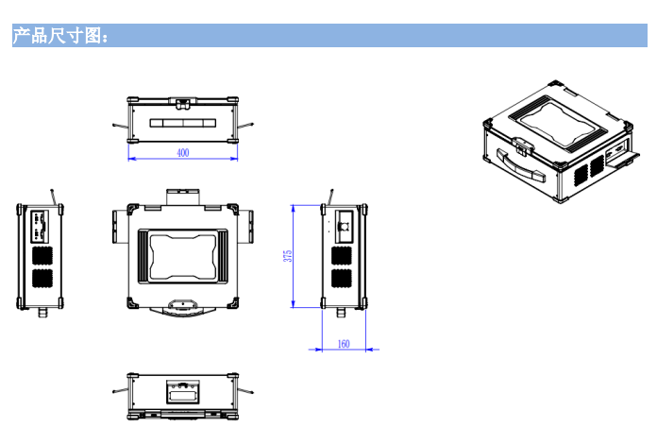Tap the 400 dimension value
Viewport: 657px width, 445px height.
[182, 152]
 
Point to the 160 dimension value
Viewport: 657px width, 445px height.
[343, 344]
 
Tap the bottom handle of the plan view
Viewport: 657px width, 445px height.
[182, 306]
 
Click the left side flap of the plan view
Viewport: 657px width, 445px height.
[117, 225]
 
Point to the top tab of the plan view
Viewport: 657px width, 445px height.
[183, 196]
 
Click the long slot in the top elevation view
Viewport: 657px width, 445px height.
[183, 123]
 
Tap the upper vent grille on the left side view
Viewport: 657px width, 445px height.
[42, 255]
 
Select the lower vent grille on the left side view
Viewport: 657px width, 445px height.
[42, 279]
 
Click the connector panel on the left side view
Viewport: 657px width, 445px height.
[42, 227]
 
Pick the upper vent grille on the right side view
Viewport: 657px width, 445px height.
[343, 255]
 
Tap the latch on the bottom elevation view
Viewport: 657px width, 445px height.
[182, 389]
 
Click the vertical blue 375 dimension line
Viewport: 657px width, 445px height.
[295, 255]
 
